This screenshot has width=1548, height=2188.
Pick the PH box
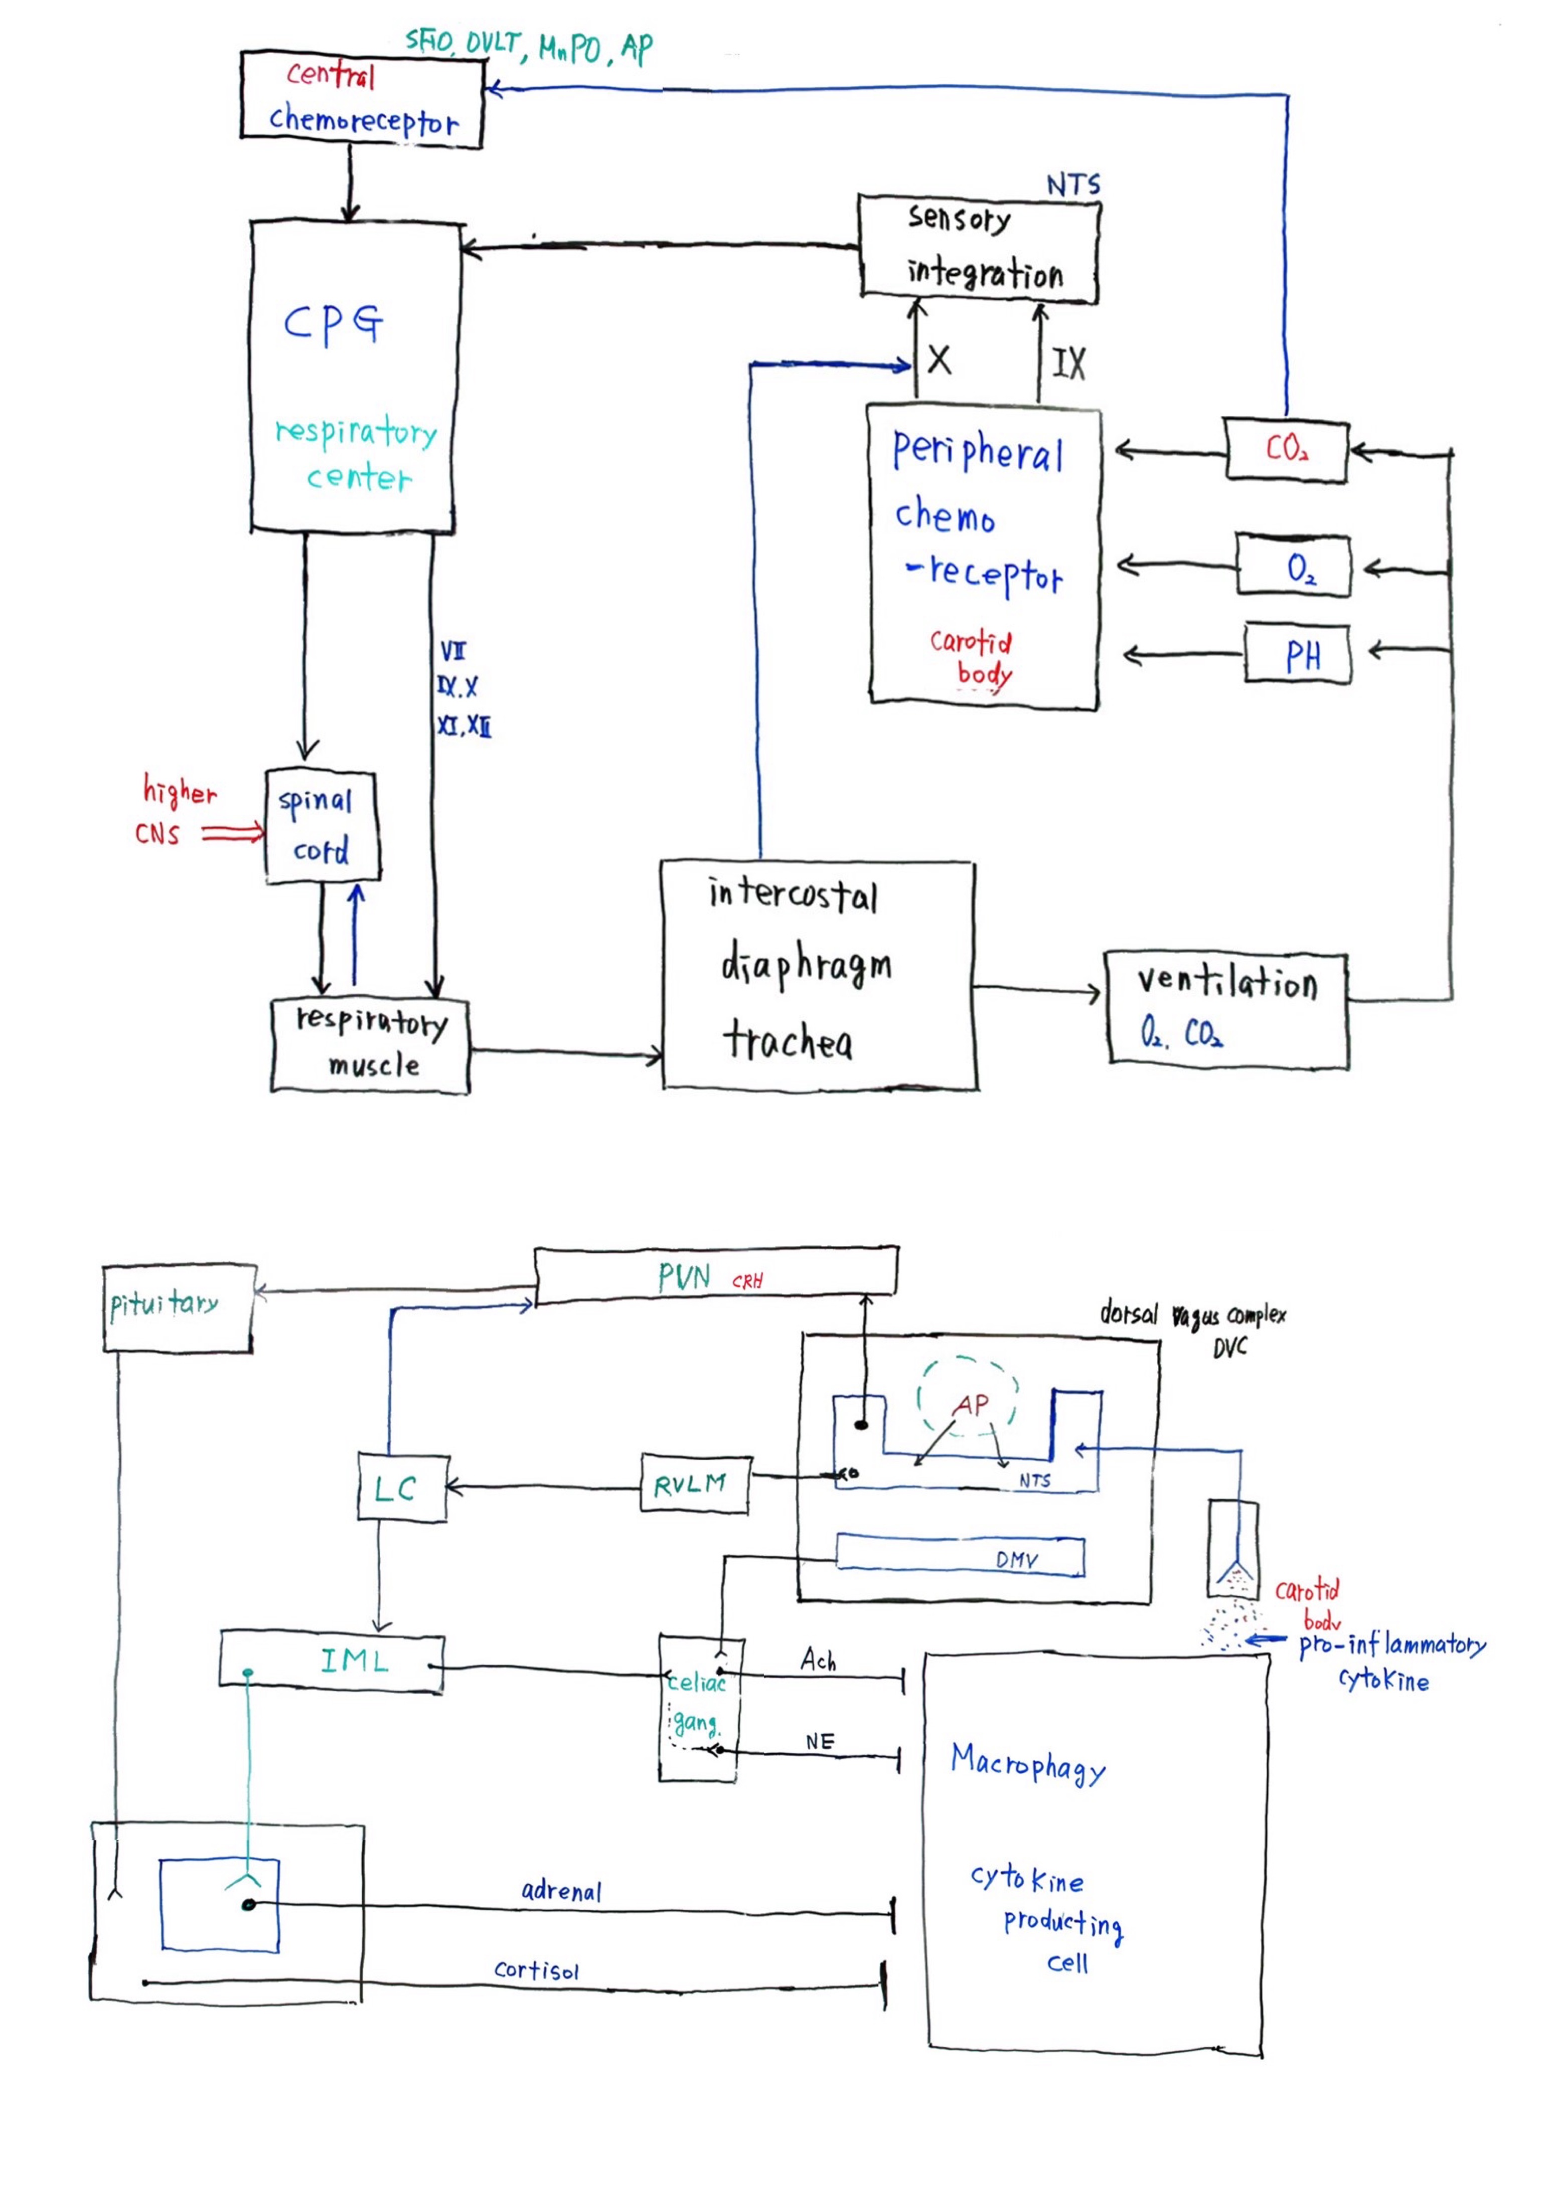(x=1298, y=654)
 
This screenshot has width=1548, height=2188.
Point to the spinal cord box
(x=321, y=826)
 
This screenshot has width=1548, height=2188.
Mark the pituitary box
(x=178, y=1307)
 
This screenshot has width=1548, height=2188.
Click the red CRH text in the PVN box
(x=747, y=1282)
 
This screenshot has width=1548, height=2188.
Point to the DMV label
(x=1016, y=1560)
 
